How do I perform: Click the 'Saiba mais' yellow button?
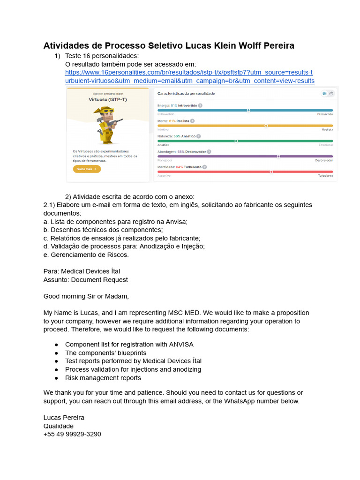coord(87,169)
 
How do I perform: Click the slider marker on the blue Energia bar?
coord(248,111)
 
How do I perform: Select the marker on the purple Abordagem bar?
coord(278,156)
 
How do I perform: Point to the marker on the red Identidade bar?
coord(271,172)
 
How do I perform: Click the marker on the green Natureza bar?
coord(236,141)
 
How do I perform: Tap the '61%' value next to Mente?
coord(172,121)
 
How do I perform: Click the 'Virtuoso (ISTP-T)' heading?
coord(108,99)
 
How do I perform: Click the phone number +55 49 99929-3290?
coord(72,434)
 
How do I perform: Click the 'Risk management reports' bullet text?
coord(103,378)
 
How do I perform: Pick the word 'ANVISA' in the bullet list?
coord(181,344)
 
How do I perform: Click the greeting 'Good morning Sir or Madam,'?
coord(86,296)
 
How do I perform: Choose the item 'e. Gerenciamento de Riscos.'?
coord(86,255)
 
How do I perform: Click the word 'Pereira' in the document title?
coord(277,46)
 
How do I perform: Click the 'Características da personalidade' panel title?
coord(186,94)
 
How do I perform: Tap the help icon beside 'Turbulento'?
coord(205,167)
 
